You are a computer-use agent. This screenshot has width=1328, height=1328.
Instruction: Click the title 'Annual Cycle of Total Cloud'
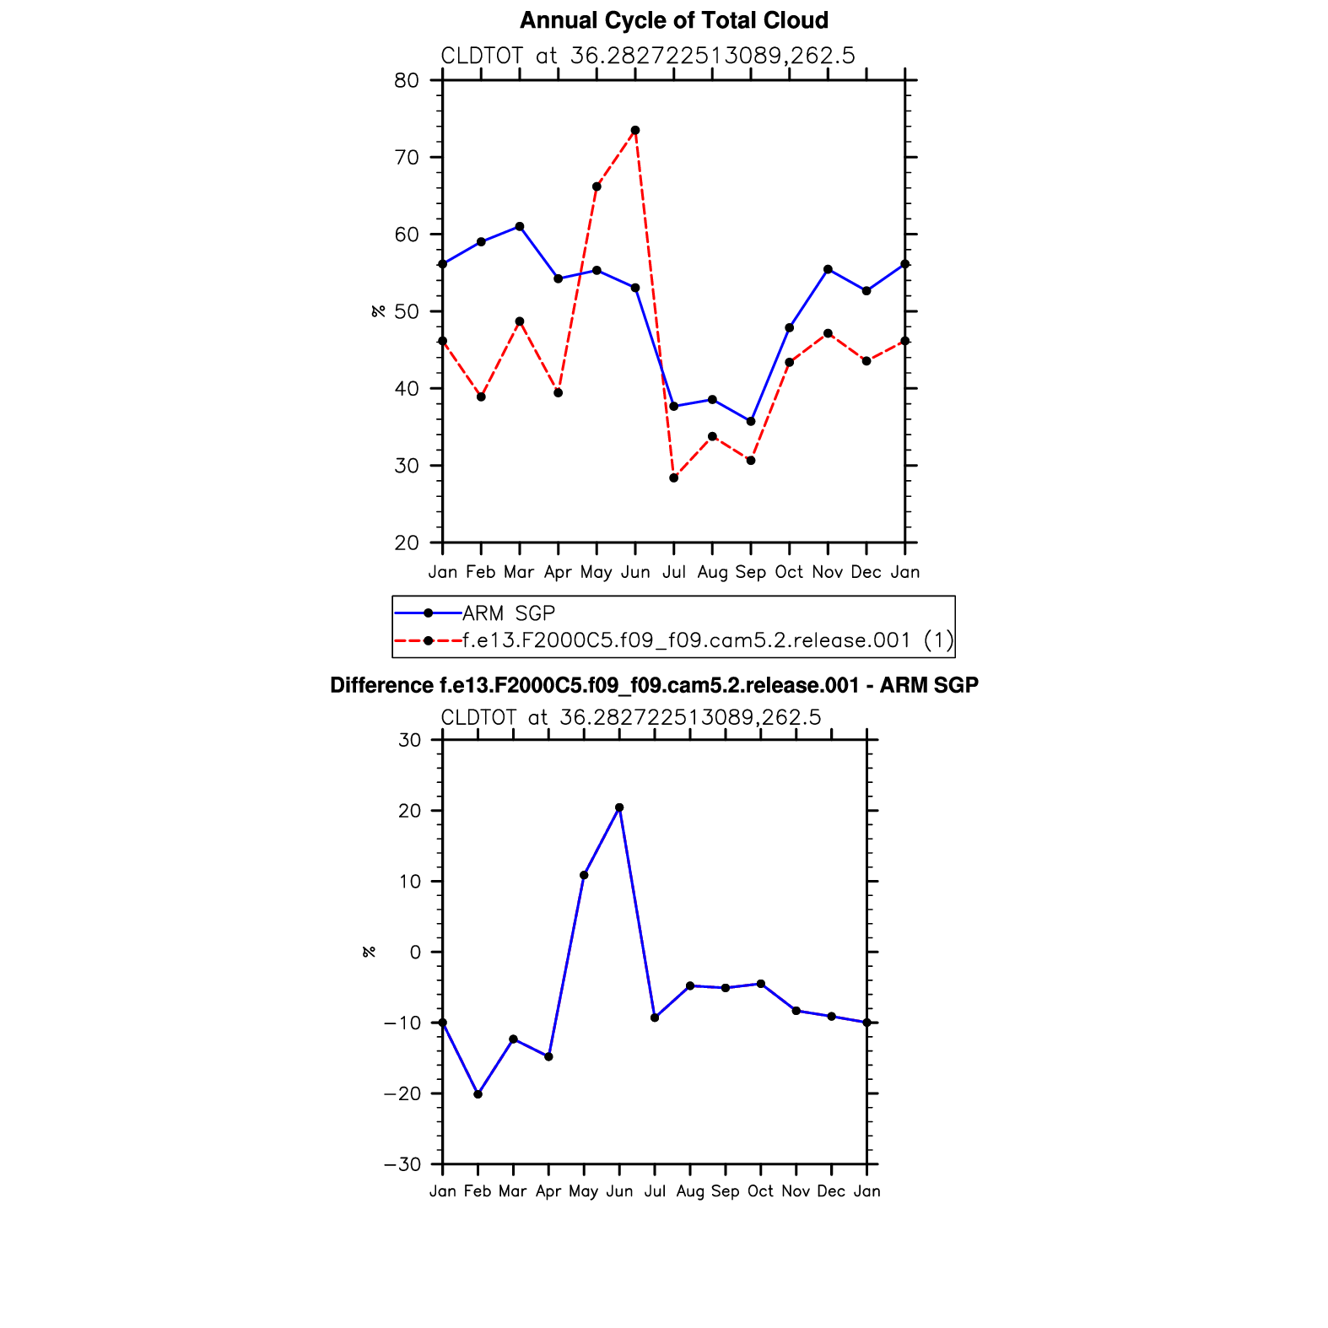pos(673,20)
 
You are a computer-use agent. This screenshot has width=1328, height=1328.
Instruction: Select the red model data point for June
pos(635,131)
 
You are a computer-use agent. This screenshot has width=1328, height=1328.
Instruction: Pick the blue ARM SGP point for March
pos(520,227)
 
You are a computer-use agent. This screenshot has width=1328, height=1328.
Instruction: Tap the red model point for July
pos(673,478)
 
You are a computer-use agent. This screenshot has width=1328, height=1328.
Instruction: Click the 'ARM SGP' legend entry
pos(509,613)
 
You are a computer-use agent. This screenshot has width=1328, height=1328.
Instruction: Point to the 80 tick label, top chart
pos(406,81)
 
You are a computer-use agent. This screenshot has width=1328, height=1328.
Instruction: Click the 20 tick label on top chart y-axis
pos(406,543)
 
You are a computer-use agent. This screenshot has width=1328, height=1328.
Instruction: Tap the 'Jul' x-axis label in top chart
pos(673,572)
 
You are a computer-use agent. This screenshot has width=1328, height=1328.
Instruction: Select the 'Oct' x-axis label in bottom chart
pos(760,1191)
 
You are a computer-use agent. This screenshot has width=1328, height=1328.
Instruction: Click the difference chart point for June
pos(619,808)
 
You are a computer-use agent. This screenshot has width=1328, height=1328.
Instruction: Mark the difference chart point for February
pos(478,1094)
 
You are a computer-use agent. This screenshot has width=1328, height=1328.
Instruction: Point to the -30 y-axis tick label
pos(402,1165)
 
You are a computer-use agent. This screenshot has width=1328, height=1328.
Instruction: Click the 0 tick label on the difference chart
pos(414,953)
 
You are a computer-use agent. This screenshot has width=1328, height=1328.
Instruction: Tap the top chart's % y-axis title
pos(379,311)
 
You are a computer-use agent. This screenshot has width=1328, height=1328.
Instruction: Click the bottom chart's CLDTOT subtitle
pos(630,718)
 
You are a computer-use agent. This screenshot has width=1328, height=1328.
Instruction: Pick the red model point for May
pos(597,186)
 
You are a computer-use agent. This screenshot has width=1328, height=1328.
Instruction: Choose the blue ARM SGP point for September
pos(751,421)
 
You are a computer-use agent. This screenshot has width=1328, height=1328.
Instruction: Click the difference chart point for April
pos(548,1057)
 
